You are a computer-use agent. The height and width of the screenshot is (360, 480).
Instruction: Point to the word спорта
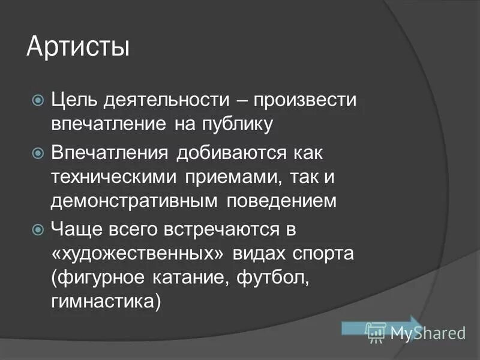pos(326,253)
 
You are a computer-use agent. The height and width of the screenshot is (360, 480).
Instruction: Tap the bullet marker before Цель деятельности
pos(37,99)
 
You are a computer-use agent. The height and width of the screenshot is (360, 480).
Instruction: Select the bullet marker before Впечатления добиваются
pos(37,151)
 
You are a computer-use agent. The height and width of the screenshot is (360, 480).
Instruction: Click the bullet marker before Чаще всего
pos(37,229)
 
